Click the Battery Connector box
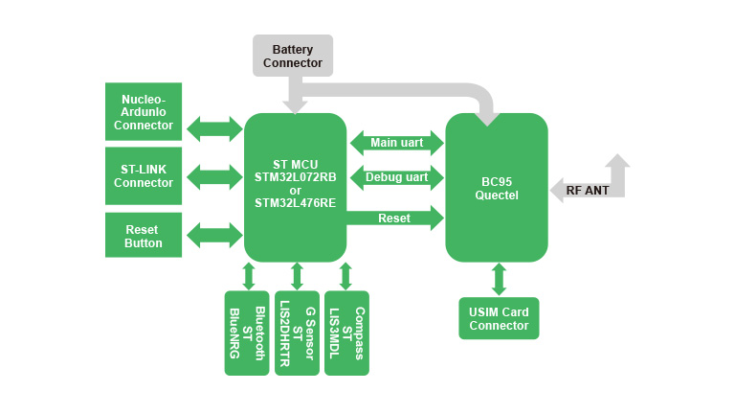click(292, 56)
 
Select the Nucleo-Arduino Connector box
click(144, 112)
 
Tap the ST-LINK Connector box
click(144, 175)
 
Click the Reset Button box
click(144, 236)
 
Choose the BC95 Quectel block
click(497, 188)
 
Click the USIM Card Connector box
click(499, 318)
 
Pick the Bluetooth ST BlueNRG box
click(247, 333)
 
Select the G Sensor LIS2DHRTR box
click(297, 333)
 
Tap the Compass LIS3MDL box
click(346, 333)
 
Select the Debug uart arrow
click(396, 177)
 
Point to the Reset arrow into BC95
click(396, 218)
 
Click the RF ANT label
click(587, 191)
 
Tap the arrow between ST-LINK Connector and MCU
click(215, 176)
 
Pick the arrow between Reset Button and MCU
click(215, 235)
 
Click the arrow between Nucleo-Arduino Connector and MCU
click(215, 127)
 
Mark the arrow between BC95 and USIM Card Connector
click(499, 279)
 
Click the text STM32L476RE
click(295, 203)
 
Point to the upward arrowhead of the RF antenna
click(617, 163)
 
